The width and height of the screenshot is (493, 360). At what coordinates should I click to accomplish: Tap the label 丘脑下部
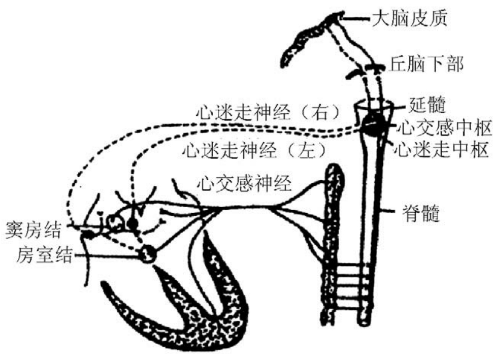tap(426, 64)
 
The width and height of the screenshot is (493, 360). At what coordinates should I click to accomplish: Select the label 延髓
tap(425, 105)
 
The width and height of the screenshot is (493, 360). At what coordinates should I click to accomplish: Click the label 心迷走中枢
tap(442, 150)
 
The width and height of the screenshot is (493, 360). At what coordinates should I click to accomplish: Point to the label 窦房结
tap(34, 230)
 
